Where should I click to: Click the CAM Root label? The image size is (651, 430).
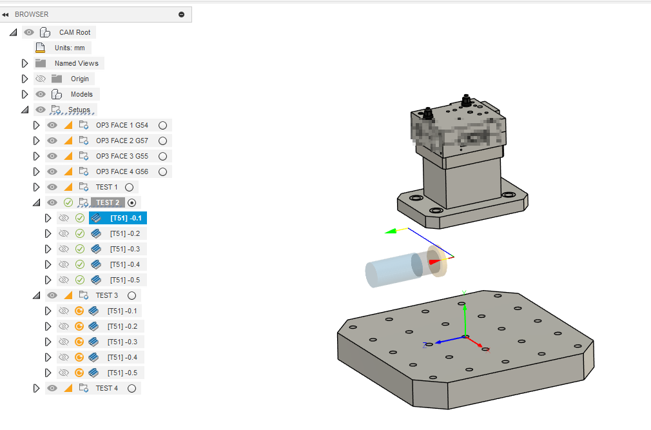pos(75,32)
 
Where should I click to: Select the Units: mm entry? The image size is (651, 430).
pos(69,48)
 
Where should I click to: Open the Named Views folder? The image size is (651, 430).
pos(76,63)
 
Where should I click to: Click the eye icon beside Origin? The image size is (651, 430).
pos(41,79)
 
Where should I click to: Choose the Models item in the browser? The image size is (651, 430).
pos(82,94)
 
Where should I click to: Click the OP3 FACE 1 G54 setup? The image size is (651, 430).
pos(122,125)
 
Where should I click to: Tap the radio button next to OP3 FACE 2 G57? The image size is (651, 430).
pos(162,141)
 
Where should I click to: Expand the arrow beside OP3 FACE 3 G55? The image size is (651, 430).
pos(36,156)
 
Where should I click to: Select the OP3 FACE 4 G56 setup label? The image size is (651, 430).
pos(122,171)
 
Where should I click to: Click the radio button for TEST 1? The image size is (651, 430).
pos(129,187)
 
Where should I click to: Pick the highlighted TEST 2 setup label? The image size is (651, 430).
pos(108,202)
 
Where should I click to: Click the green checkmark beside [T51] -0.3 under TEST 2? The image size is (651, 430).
pos(80,249)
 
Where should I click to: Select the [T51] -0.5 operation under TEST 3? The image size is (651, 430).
pos(122,373)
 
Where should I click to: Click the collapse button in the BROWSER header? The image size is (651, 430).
pos(182,14)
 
